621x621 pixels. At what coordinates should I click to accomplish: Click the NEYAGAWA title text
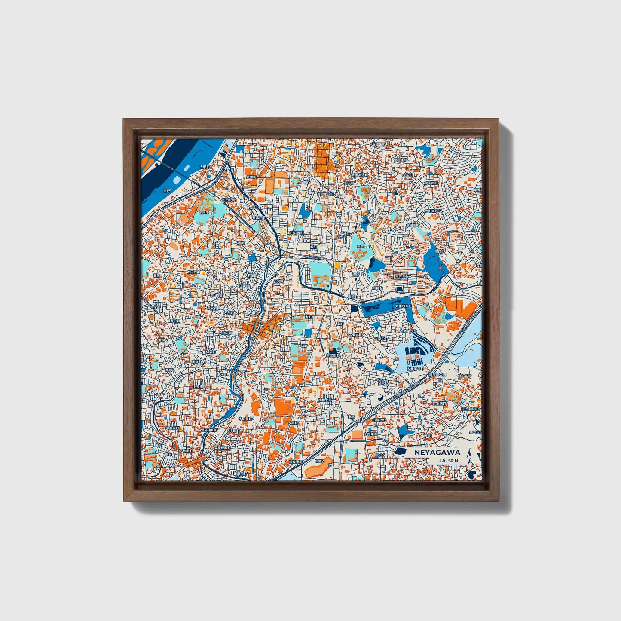click(x=437, y=452)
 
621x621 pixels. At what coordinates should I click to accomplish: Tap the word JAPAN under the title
click(x=448, y=460)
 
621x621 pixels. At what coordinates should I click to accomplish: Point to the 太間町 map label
click(x=205, y=167)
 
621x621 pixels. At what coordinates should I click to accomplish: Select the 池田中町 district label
click(x=207, y=212)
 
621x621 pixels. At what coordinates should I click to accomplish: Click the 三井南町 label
click(x=363, y=247)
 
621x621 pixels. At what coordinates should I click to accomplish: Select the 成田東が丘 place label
click(x=432, y=211)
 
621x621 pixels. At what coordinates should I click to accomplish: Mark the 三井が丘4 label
click(x=403, y=277)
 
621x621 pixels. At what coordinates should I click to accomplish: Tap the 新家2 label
click(x=318, y=461)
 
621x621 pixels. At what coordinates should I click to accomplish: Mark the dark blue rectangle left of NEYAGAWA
click(x=400, y=451)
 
